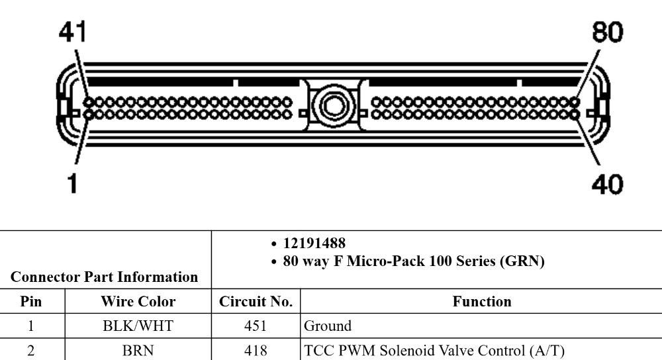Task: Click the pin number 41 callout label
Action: [73, 32]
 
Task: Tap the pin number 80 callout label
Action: [607, 32]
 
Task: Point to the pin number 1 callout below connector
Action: [73, 183]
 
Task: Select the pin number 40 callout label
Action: [607, 184]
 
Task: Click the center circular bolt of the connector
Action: [334, 105]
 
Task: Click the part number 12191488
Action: [314, 243]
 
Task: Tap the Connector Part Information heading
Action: [105, 277]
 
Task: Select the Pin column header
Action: [31, 301]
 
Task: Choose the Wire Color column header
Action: [138, 301]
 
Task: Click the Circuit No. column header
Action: [256, 301]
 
